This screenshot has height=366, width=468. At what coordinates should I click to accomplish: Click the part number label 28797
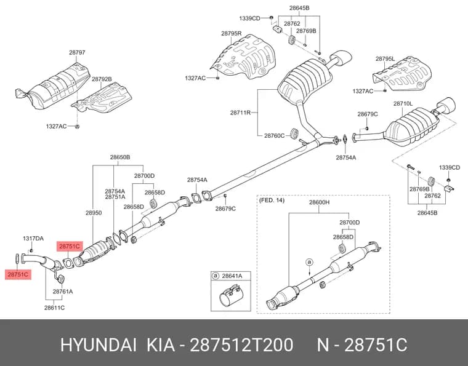77,52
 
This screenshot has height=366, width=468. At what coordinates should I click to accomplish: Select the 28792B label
102,79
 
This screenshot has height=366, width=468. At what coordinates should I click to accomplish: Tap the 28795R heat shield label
232,34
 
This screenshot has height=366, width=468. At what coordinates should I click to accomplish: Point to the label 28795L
385,59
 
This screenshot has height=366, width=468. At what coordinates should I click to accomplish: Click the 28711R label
240,113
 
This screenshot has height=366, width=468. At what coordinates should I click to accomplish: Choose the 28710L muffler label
403,104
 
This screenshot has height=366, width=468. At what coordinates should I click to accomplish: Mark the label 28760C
274,135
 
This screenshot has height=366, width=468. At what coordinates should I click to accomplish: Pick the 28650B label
120,157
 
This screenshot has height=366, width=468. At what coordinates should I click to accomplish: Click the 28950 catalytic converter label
94,213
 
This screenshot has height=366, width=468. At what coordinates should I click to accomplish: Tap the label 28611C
54,308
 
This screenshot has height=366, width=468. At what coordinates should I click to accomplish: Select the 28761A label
63,292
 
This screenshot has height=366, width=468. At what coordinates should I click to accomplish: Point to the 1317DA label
33,239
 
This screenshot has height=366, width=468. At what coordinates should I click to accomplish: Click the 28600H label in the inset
319,202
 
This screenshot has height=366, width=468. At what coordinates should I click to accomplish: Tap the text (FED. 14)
272,201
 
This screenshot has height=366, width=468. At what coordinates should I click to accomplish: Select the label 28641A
232,276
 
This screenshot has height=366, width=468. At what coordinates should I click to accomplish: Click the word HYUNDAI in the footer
99,345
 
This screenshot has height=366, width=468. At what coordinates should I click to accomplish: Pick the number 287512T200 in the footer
242,345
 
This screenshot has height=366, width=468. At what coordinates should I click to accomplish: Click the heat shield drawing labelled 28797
52,87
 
